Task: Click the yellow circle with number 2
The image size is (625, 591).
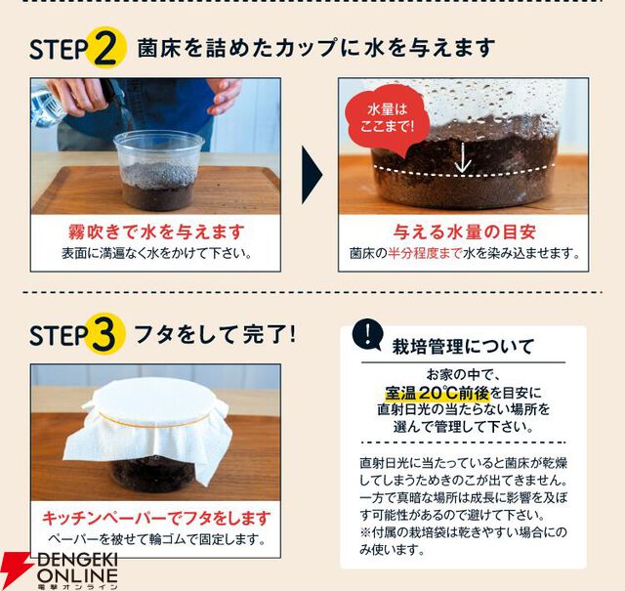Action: coord(105,48)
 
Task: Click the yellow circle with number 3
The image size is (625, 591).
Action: coord(104,334)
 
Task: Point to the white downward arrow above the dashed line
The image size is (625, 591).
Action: coord(462,158)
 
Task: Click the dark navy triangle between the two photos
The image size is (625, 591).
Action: coord(312,175)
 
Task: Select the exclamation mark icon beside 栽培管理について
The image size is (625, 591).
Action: coord(367,334)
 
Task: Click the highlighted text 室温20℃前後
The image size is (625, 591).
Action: coord(437,394)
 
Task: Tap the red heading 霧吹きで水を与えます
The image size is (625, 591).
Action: coord(156,232)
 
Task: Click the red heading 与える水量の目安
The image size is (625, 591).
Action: coord(465,232)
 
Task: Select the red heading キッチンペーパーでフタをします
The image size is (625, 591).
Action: coord(156,519)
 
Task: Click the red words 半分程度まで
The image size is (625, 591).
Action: coord(425,253)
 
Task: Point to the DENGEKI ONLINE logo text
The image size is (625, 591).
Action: coord(77,569)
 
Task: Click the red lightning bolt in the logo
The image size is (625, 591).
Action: coord(15,570)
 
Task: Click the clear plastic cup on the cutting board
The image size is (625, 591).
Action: coord(158,171)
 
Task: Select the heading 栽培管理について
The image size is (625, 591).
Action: coord(463,347)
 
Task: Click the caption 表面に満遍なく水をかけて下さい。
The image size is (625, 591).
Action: coord(156,254)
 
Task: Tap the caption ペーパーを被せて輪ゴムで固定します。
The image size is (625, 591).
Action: coord(156,540)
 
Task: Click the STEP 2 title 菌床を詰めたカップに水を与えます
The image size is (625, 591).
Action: coord(316,48)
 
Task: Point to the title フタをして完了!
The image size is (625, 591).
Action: coord(215,334)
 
